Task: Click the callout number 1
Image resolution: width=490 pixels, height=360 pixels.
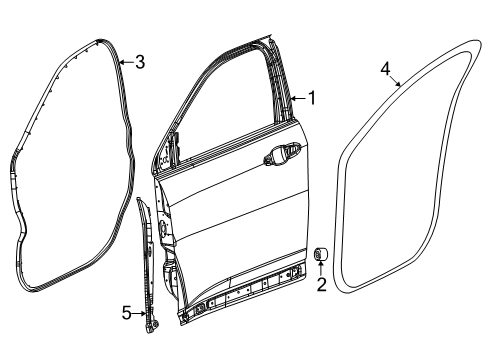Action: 312,98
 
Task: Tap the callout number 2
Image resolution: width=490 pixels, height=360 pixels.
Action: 321,285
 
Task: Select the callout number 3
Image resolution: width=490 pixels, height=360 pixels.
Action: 140,63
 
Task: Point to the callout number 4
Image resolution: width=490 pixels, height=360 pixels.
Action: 386,68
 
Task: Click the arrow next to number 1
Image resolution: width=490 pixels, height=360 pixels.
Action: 299,98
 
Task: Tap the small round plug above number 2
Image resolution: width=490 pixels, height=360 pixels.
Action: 322,252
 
